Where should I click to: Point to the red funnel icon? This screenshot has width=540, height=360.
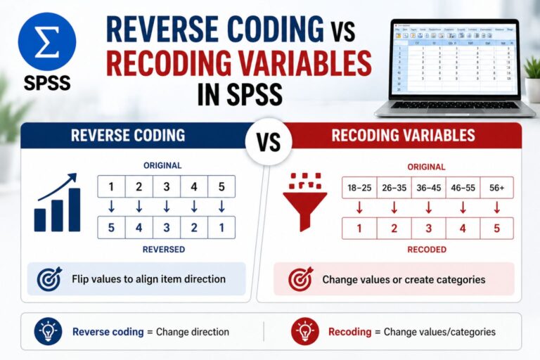point(304,205)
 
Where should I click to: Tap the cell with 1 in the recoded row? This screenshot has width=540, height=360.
point(359,229)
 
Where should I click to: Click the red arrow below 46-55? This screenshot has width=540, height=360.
point(463,207)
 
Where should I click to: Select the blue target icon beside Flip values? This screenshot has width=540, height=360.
point(49,279)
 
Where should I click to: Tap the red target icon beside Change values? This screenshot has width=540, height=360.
point(300,280)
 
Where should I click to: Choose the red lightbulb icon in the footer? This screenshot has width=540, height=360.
point(304,331)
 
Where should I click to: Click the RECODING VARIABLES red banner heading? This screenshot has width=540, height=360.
point(404,135)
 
